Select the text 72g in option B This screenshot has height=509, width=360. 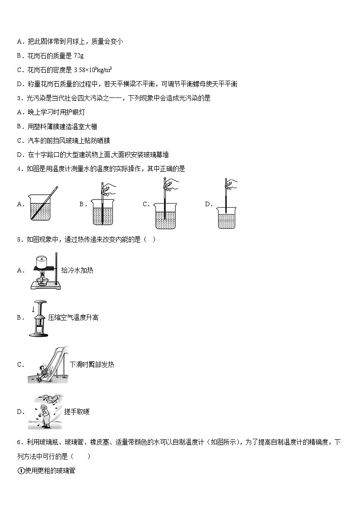pos(78,55)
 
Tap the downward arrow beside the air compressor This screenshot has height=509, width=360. pos(33,310)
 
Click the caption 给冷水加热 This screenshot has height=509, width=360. pos(77,270)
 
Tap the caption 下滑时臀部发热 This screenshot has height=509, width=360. pos(92,364)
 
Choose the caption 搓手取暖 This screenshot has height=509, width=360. pos(77,412)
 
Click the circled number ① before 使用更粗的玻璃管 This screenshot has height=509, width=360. pos(20,470)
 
